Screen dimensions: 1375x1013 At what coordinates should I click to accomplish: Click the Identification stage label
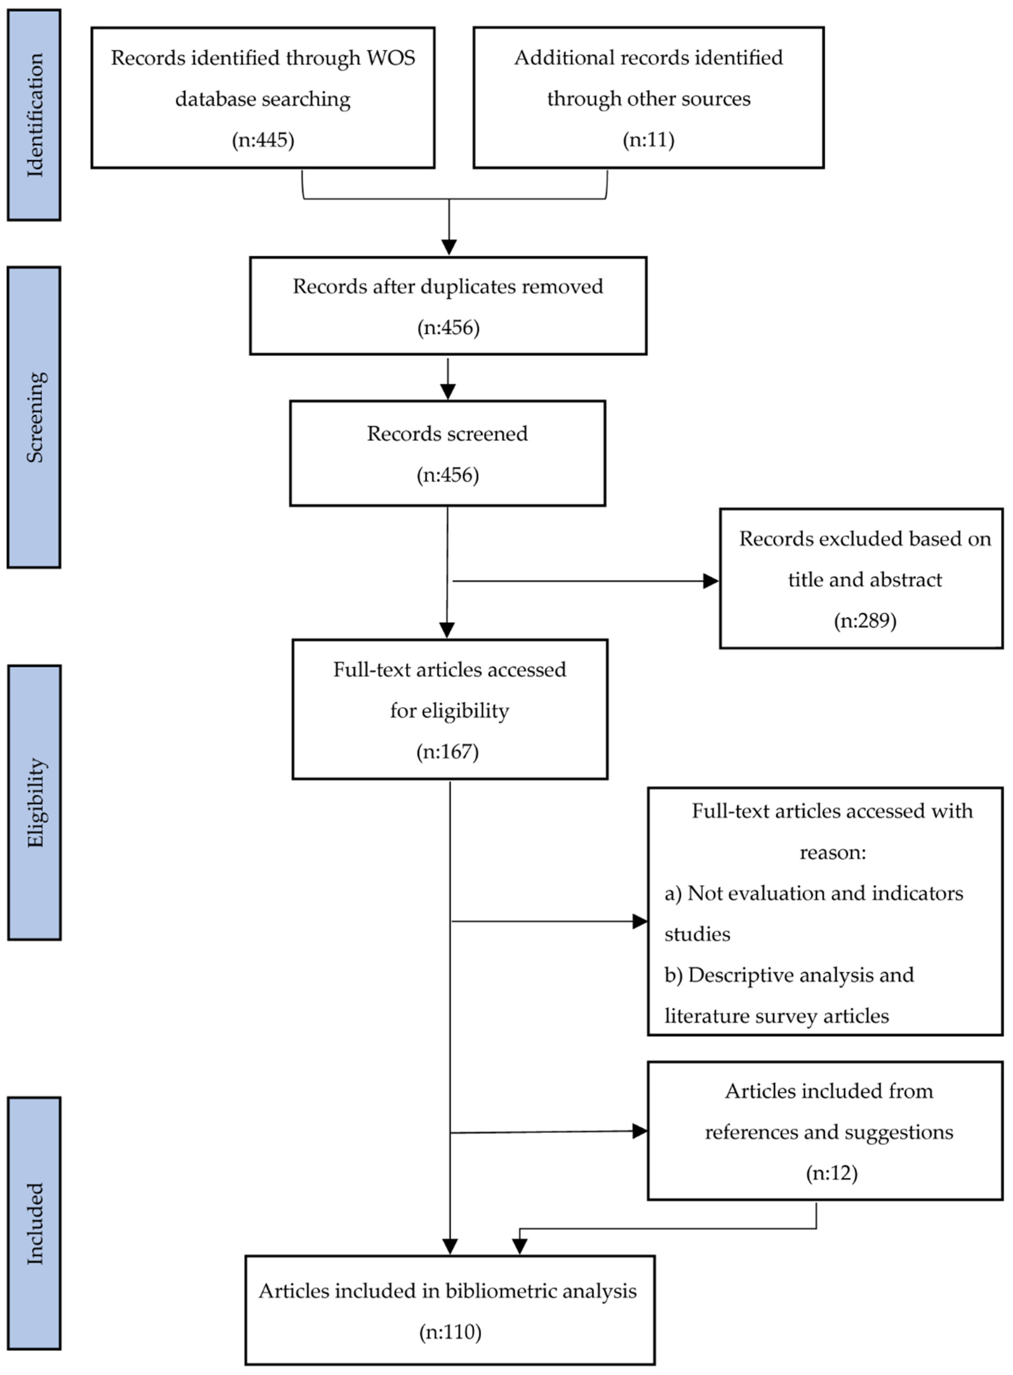tap(34, 115)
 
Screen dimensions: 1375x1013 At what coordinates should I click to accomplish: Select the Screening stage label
tap(34, 417)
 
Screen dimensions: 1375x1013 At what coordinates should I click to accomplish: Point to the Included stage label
tap(34, 1224)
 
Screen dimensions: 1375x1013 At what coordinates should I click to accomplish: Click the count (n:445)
tap(263, 140)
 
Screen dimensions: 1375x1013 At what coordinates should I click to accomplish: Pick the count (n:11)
tap(648, 140)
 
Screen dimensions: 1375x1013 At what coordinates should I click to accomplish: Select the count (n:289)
tap(864, 621)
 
